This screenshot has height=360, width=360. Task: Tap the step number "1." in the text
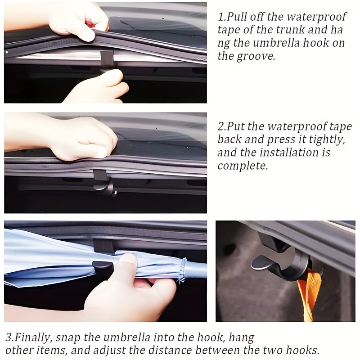(x=221, y=17)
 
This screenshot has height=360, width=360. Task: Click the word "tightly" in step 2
(x=328, y=139)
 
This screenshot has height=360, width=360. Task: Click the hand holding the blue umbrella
(x=130, y=288)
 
